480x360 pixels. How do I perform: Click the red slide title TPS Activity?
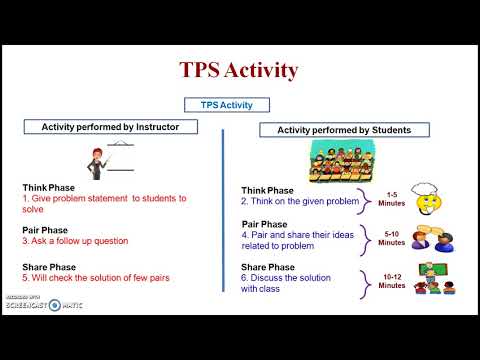pyautogui.click(x=239, y=71)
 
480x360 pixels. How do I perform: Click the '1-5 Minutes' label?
pyautogui.click(x=392, y=198)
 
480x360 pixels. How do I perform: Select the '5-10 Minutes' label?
pyautogui.click(x=392, y=238)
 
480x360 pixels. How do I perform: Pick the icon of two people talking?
pyautogui.click(x=433, y=241)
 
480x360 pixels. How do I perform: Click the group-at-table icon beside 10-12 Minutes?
pyautogui.click(x=433, y=280)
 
